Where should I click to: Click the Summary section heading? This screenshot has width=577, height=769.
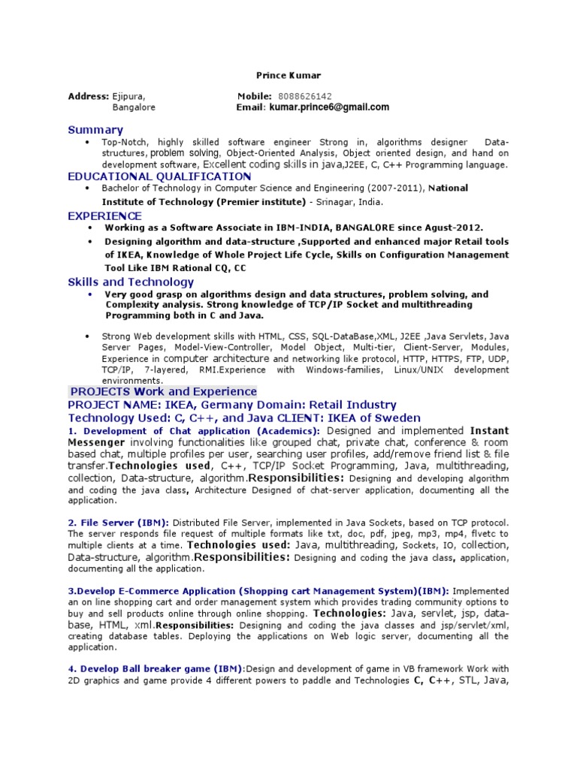coord(95,130)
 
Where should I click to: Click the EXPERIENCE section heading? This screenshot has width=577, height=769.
coord(104,216)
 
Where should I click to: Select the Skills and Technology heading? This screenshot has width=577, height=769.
coord(131,282)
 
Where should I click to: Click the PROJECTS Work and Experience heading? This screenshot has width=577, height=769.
coord(163,391)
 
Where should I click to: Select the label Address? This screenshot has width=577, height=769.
coord(89,96)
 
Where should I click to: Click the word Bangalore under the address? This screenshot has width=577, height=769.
coord(134,107)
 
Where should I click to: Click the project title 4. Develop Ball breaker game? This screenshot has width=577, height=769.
coord(156,668)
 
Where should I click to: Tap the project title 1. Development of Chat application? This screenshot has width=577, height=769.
coord(159,431)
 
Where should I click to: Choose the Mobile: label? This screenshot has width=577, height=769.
coord(254,96)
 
